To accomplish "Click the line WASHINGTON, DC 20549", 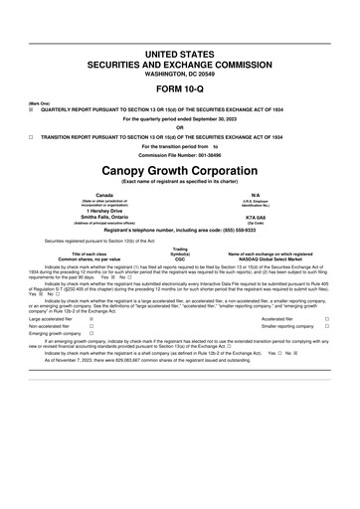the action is [x=180, y=74].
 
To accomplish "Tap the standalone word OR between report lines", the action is [x=180, y=127].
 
